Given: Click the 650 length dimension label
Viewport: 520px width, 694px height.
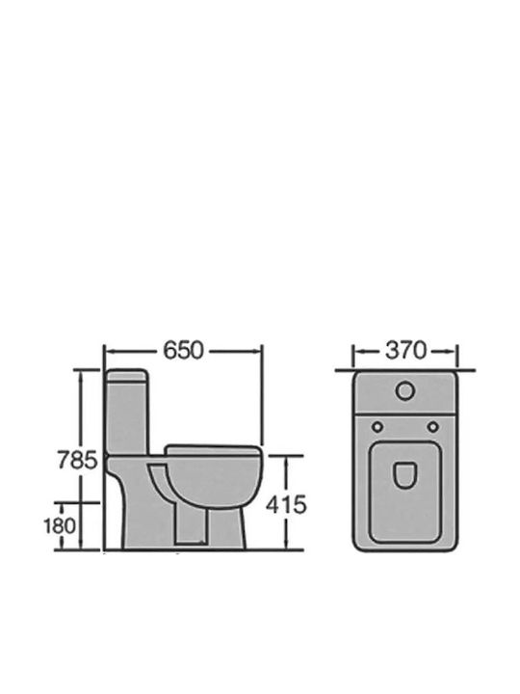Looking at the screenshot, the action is [184, 351].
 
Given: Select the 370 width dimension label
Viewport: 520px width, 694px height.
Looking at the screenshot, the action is [405, 351].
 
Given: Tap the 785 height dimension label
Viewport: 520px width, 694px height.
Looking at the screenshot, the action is [77, 460].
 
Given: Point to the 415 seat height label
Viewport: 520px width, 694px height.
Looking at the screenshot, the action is [286, 504].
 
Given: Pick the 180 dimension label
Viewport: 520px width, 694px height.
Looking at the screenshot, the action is [60, 526].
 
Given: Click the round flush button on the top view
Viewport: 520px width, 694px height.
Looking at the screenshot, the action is [405, 391].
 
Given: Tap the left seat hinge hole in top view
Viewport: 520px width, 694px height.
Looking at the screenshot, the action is [377, 427].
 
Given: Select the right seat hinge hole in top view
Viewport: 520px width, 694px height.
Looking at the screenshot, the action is [433, 427].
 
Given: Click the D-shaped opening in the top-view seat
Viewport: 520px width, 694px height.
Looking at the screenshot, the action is [404, 476].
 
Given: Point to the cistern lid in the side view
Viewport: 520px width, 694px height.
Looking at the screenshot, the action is [127, 375].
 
